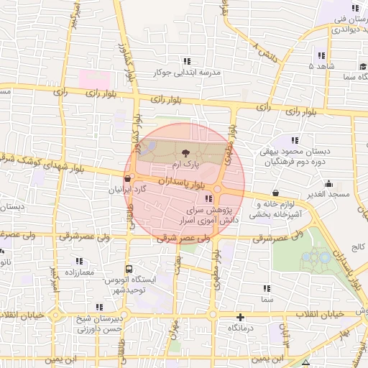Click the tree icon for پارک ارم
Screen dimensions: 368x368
186,152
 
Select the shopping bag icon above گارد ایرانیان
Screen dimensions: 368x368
128,179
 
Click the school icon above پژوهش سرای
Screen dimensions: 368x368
208,198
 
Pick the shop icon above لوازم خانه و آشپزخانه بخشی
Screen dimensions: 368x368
277,193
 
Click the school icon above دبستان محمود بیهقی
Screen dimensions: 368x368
294,139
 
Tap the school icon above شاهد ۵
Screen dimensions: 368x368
321,55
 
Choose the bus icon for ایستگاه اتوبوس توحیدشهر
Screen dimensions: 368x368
129,270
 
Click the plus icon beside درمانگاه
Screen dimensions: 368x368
240,317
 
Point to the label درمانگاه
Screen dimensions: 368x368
243,328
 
